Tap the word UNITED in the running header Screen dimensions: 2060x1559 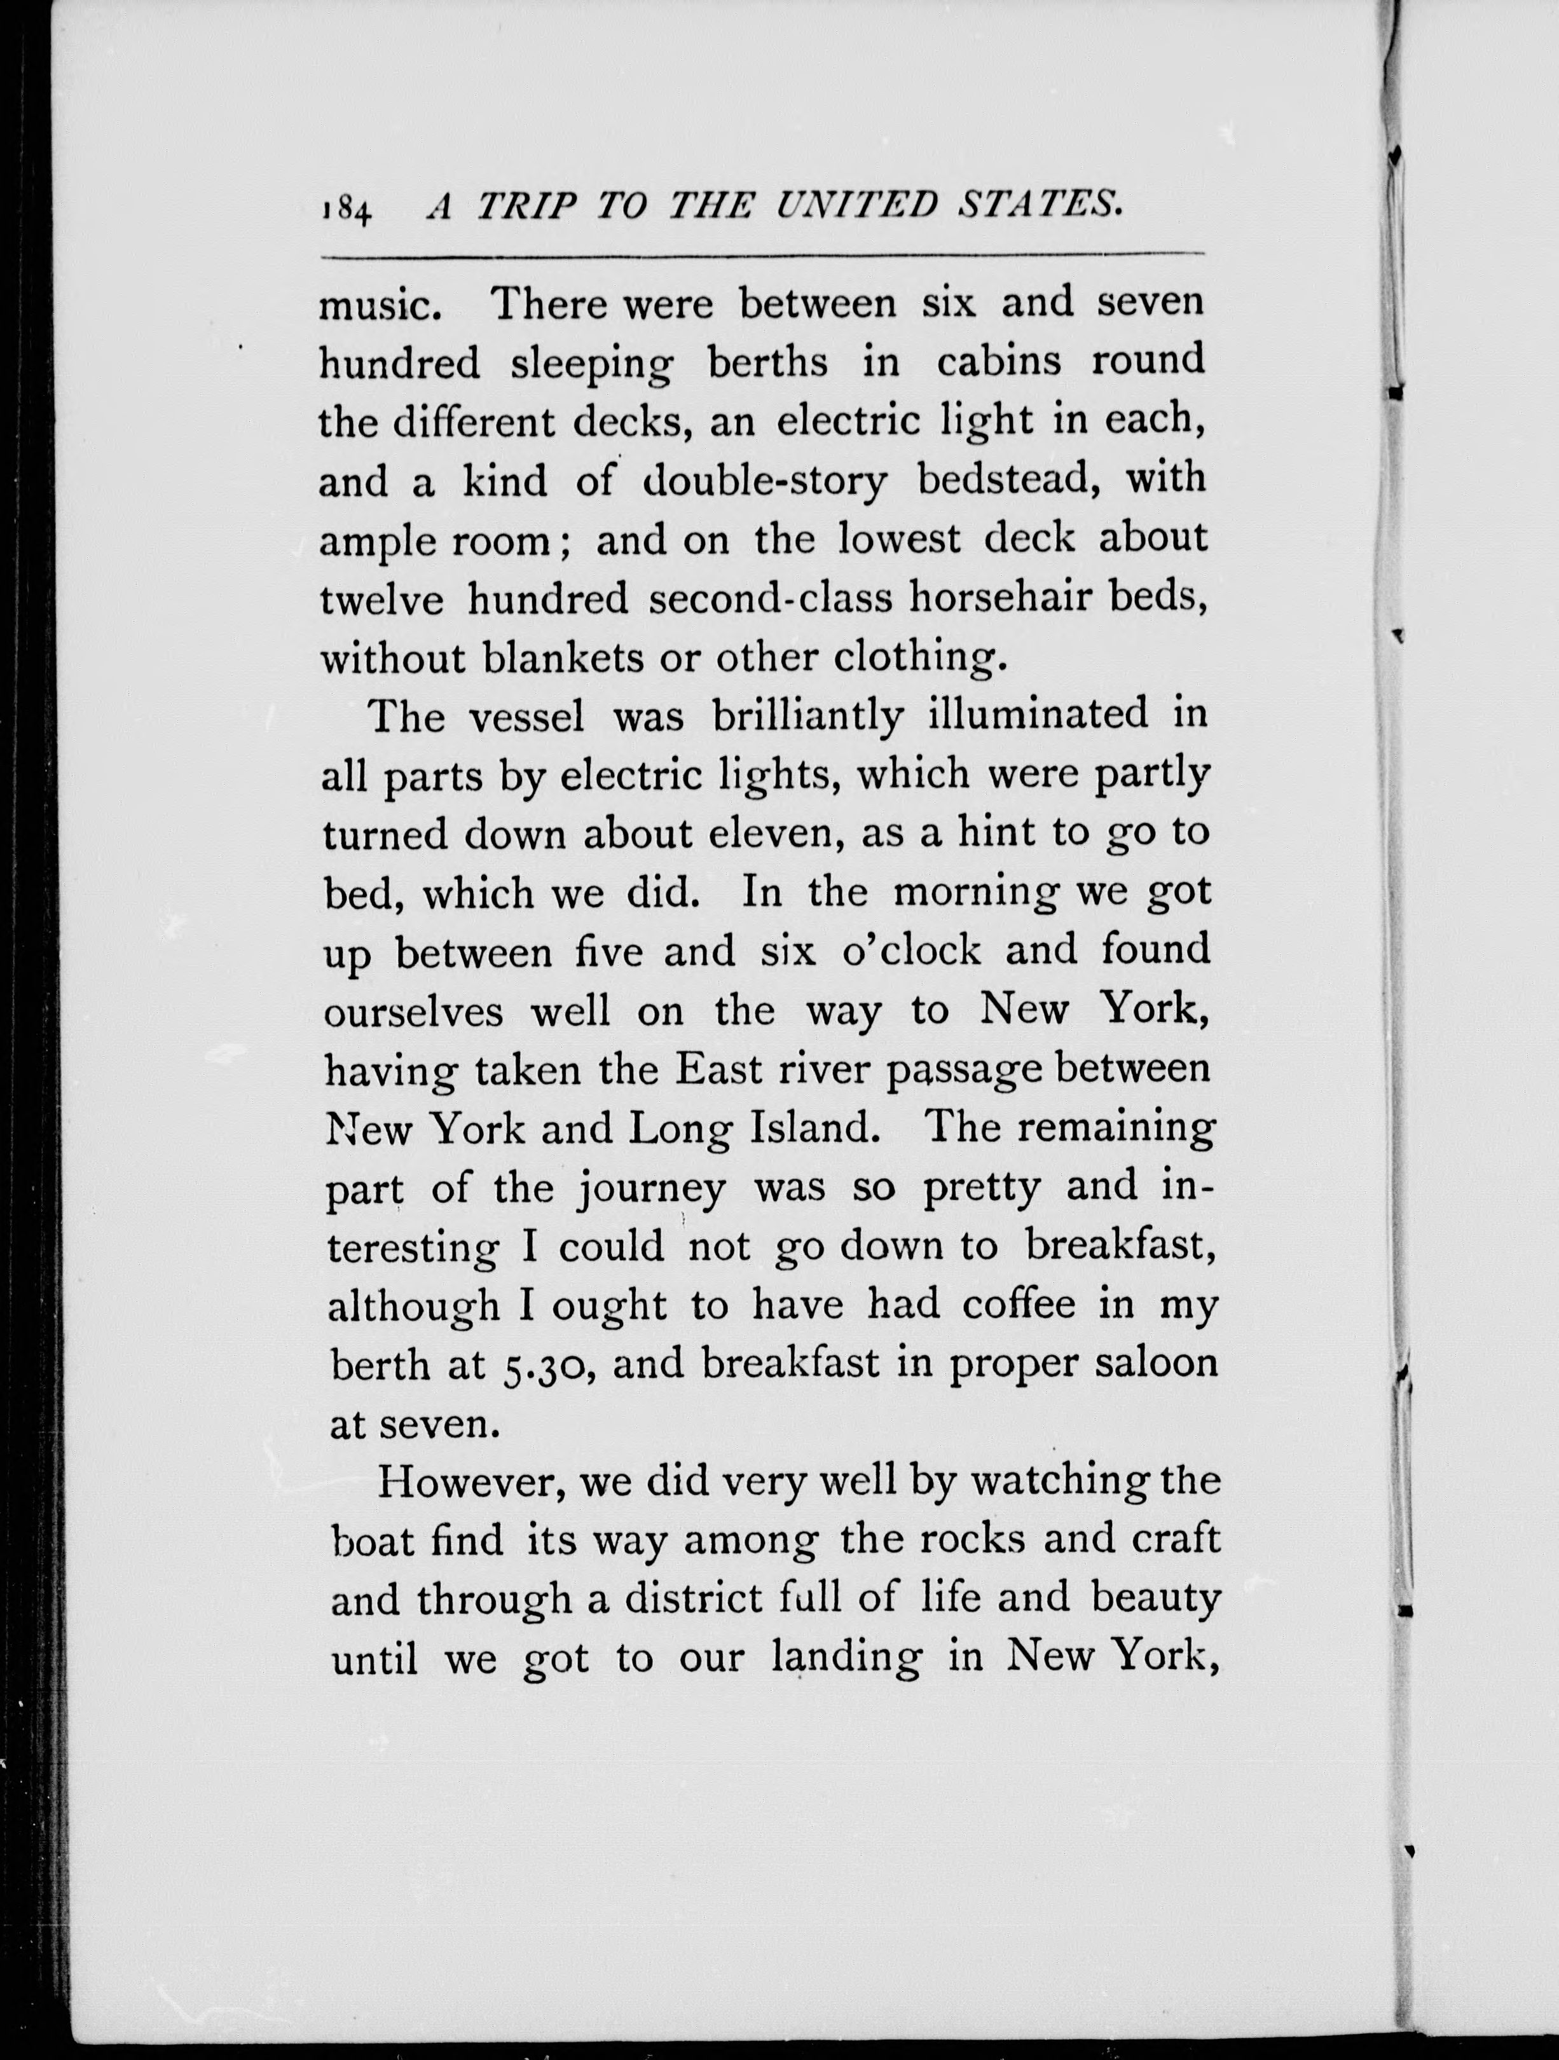[x=858, y=205]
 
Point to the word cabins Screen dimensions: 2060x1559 [x=998, y=361]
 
